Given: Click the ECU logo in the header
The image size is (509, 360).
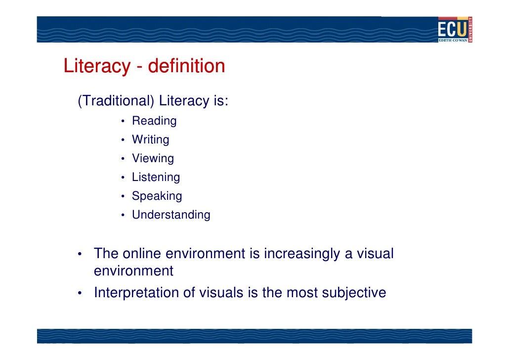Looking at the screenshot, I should [455, 29].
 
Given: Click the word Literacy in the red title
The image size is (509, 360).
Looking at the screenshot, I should [97, 66].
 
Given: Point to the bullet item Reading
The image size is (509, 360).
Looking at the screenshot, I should [154, 121].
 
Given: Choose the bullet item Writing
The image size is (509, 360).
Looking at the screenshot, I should [150, 140].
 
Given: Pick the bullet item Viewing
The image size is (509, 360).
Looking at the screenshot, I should [153, 159].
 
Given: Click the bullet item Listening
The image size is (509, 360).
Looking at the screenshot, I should [156, 178].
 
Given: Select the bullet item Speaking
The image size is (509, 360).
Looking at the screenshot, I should [157, 196].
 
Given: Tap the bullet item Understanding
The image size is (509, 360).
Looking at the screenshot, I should [171, 215].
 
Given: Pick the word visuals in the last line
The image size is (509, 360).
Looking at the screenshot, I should [221, 293].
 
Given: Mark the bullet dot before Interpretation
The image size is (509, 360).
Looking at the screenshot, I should [80, 294].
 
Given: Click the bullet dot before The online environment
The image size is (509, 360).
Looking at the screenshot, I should [80, 255].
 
